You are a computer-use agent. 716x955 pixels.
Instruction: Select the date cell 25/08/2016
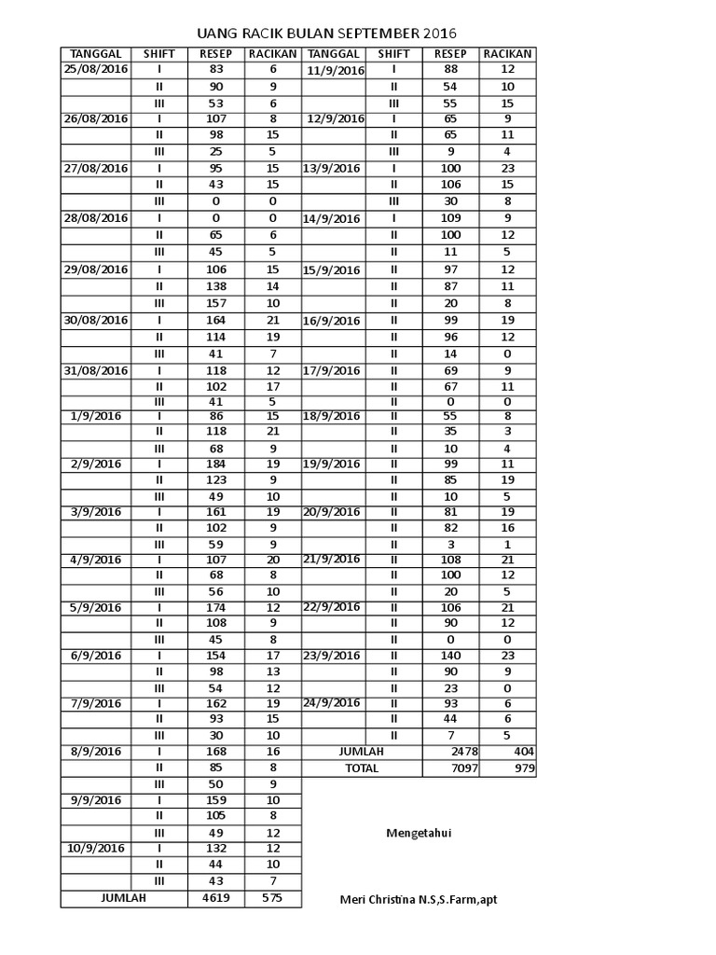coord(96,70)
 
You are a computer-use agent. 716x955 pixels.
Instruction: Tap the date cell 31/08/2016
coord(96,370)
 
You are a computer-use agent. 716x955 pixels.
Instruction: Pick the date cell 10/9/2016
coord(96,849)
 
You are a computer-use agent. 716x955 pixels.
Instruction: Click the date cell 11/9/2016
coord(335,71)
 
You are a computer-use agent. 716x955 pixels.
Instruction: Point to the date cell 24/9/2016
coord(332,702)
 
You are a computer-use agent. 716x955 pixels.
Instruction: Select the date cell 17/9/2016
coord(332,370)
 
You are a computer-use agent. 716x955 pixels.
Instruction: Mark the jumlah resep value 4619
coord(216,898)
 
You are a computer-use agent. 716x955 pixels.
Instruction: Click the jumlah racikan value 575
coord(273,898)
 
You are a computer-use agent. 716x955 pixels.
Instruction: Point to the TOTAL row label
coord(362,768)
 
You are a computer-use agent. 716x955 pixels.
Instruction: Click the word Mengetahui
coord(419,833)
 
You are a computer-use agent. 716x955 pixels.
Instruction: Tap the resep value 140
coord(451,656)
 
